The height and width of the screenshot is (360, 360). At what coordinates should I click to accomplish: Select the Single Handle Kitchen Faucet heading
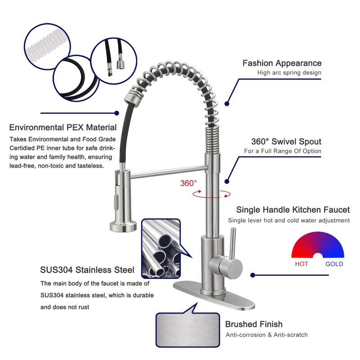pos(293,210)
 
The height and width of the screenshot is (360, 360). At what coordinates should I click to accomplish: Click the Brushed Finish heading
pos(254,324)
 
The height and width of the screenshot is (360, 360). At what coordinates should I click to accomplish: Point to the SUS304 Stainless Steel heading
pos(87,270)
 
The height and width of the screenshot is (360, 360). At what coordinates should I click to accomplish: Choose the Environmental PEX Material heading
pos(63,128)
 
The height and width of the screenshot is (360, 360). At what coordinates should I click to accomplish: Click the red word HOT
pos(301,264)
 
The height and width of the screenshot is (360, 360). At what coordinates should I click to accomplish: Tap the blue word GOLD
pos(334,264)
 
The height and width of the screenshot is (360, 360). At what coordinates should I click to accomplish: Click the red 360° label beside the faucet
pos(189,183)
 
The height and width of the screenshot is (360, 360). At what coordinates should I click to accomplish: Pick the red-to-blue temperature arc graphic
pos(318,245)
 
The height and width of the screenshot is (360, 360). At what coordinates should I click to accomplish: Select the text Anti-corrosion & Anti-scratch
pos(267,335)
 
